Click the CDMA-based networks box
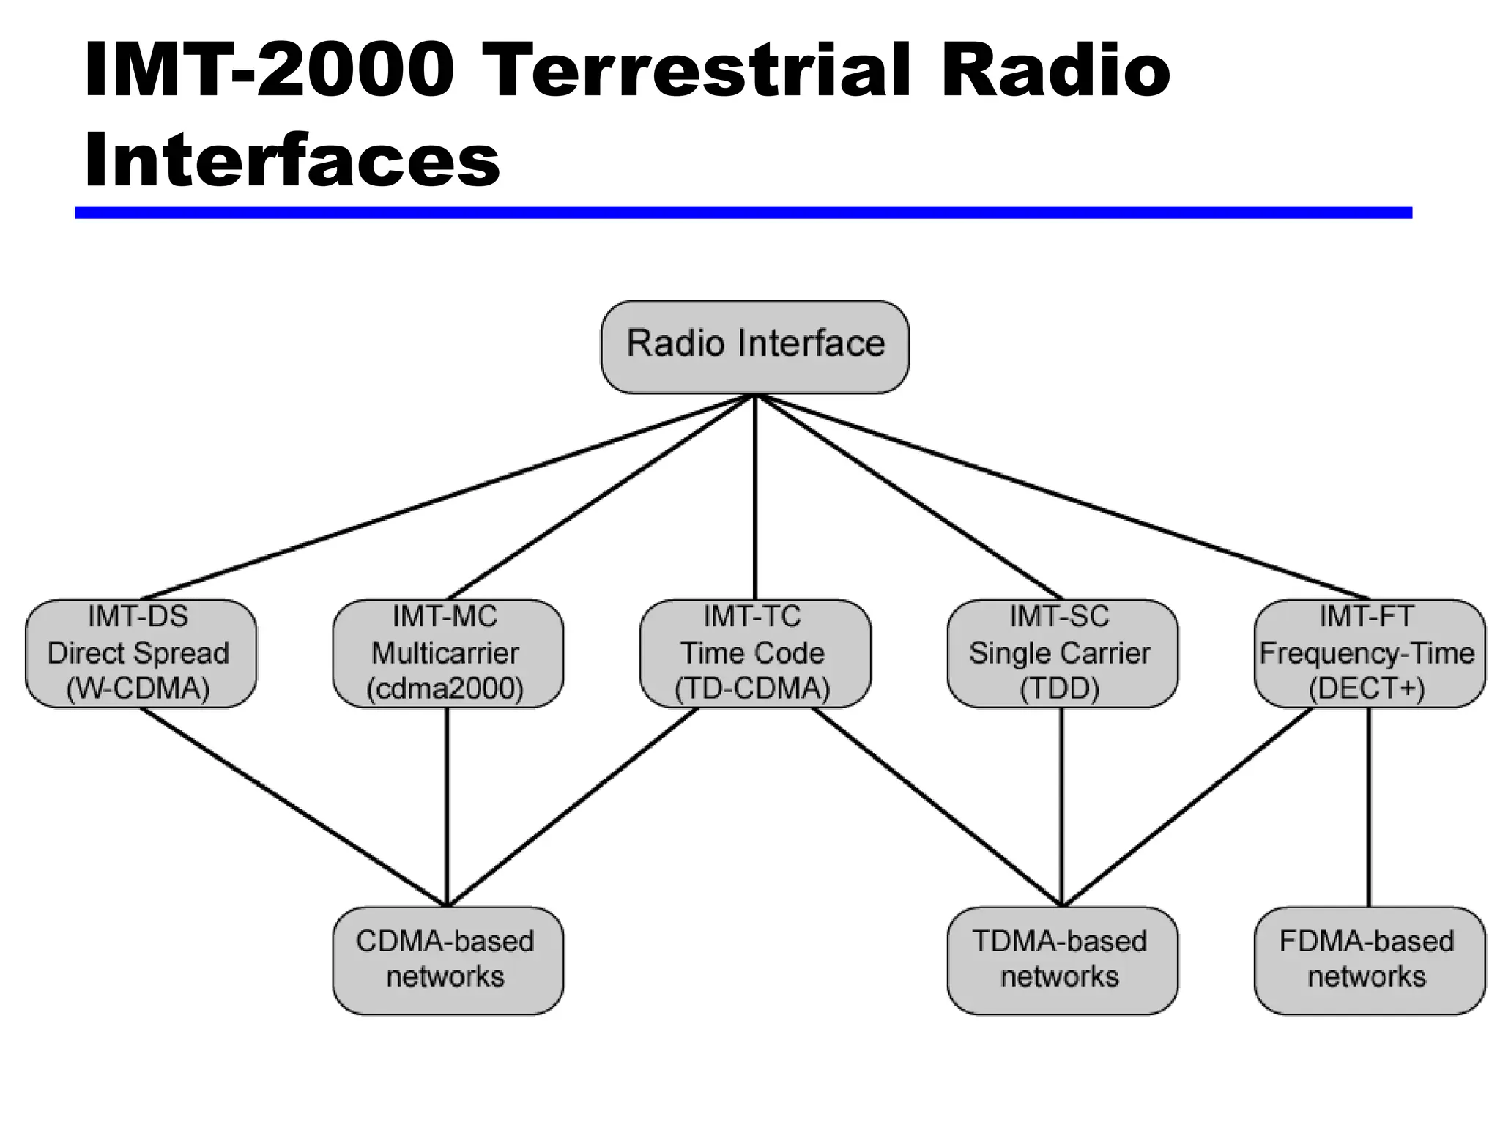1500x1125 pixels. [x=448, y=959]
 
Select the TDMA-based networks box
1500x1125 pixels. [x=1062, y=959]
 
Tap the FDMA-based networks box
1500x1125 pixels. [x=1369, y=959]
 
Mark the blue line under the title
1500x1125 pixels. [x=743, y=212]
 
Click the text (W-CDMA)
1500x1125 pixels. [x=138, y=689]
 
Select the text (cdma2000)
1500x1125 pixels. [x=445, y=689]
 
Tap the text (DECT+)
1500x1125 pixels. [x=1367, y=689]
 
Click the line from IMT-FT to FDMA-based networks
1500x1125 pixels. [x=1369, y=806]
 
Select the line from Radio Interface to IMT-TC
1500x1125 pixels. [x=755, y=498]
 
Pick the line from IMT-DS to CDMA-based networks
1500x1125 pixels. [x=293, y=806]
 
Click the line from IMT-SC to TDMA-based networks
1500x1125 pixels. [x=1062, y=806]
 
